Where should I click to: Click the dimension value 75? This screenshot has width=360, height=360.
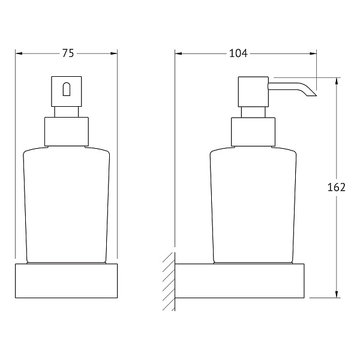point(68,53)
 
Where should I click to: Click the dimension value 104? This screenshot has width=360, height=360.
point(239,53)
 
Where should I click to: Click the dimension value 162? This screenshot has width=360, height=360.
point(337,187)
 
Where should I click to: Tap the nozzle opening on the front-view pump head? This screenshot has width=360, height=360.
point(67,89)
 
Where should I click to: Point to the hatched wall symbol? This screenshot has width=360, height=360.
point(169,281)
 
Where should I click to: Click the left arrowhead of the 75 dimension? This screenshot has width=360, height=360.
point(19,53)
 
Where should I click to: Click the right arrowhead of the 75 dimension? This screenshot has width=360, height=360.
point(113,53)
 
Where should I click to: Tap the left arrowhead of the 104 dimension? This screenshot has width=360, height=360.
point(178,54)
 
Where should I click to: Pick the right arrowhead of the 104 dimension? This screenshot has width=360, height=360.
point(313,54)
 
